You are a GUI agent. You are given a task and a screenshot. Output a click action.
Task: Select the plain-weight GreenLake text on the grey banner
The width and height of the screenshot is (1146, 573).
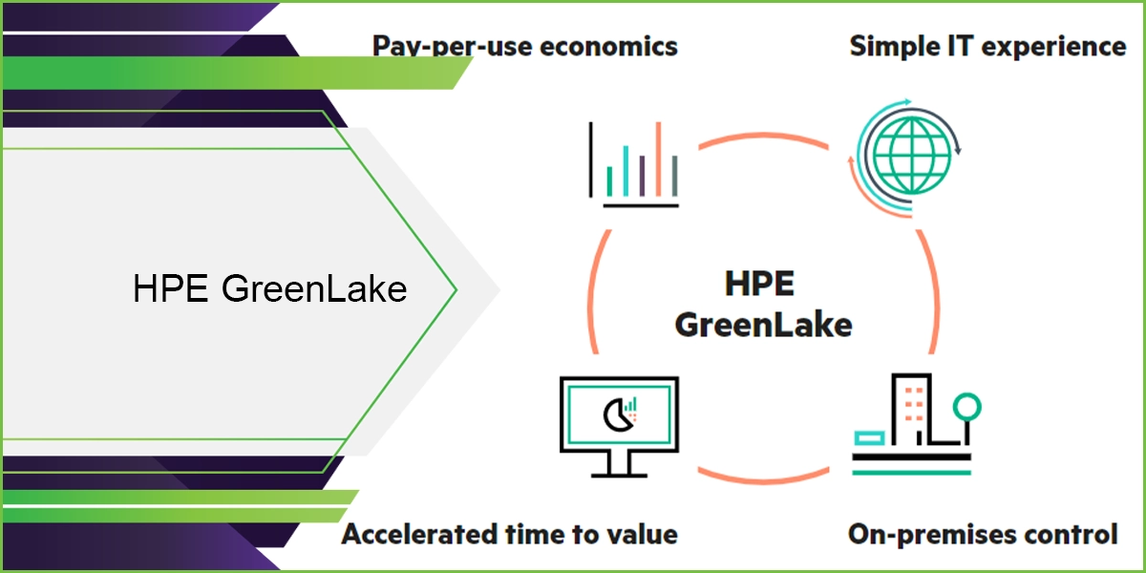pos(314,288)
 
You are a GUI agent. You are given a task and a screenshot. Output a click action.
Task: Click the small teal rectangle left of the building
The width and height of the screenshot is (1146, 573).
pos(871,437)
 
